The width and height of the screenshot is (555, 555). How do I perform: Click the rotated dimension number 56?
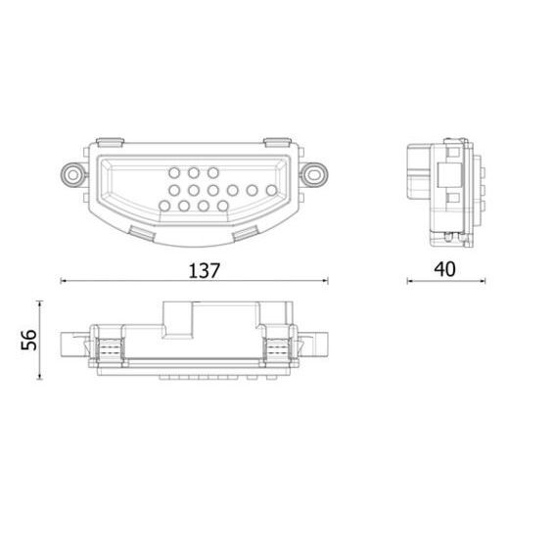coord(29,341)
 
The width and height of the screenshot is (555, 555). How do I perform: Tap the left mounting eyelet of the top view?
coord(71,173)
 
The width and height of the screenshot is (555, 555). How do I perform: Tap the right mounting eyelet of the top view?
coord(313,173)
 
